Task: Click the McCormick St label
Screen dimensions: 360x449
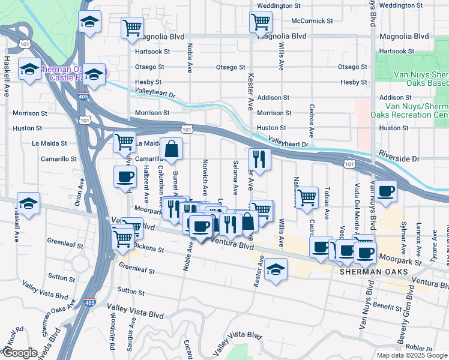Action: (312, 20)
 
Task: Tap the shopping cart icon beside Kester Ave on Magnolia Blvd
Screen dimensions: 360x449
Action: (261, 22)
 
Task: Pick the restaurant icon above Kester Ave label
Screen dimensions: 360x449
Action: (259, 159)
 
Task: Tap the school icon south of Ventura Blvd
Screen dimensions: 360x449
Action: (276, 270)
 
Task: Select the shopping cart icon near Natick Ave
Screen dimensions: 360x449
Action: (307, 197)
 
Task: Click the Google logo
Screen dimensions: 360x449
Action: (19, 353)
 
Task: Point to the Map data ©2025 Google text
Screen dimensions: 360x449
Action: (412, 355)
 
